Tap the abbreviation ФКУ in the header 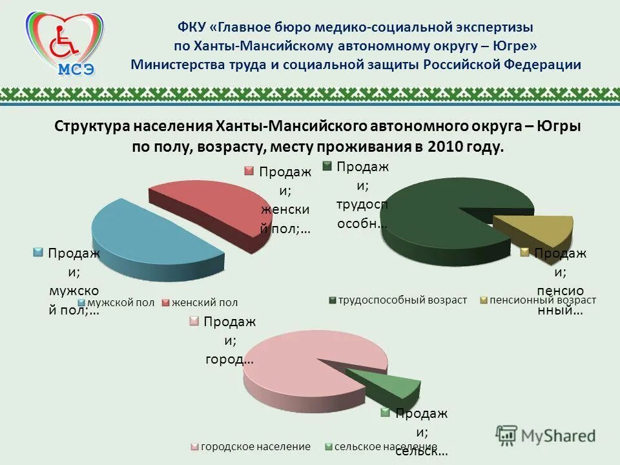(192, 28)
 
